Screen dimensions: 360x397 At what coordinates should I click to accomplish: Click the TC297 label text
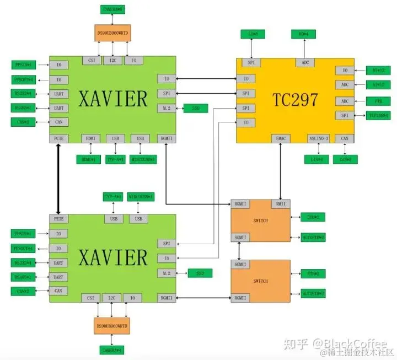pos(296,100)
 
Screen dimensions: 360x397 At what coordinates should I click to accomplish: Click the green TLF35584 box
pos(379,115)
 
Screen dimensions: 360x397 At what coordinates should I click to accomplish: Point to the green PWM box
pos(378,101)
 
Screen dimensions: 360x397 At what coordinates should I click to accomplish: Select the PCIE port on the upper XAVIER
pos(59,138)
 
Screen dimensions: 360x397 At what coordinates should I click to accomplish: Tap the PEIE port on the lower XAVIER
pos(59,219)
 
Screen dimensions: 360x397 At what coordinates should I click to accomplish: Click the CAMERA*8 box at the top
pos(113,9)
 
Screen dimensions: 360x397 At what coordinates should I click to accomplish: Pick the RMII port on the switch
pos(281,205)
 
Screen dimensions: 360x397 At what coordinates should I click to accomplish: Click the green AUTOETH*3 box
pos(313,293)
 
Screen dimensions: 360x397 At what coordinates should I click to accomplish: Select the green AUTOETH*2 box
pos(313,237)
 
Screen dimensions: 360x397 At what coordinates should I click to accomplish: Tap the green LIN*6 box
pos(316,159)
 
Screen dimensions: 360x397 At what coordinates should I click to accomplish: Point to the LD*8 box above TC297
pos(253,34)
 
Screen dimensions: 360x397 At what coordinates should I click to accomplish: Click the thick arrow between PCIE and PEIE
pos(58,179)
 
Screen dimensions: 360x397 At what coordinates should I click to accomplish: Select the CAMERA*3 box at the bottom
pos(112,350)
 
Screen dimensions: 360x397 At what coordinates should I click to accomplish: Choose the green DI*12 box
pos(379,70)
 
